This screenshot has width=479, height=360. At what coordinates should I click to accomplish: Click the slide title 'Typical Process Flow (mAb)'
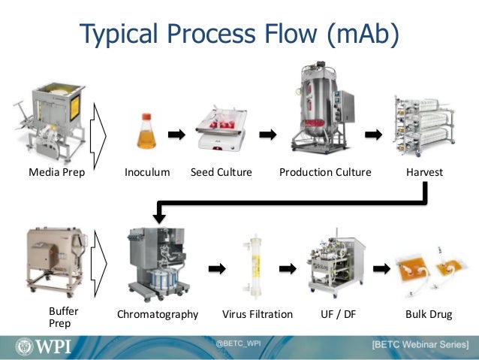pos(239,33)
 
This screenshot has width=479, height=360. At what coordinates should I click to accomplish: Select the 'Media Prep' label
pos(57,172)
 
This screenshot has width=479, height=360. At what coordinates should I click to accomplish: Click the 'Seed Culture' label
pos(221,172)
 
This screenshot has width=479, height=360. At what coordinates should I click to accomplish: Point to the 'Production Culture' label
pos(325,172)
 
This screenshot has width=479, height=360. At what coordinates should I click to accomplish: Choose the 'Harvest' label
pos(424,172)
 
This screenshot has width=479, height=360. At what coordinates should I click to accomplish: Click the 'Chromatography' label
pos(158,314)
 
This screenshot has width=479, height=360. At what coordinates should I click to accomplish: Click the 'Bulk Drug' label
pos(429,314)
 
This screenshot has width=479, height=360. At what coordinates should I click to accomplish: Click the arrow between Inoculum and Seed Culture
pos(176,135)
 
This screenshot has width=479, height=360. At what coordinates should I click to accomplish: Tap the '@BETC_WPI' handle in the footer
pos(238,342)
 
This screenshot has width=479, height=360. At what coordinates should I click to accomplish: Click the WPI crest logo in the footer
pos(23,346)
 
